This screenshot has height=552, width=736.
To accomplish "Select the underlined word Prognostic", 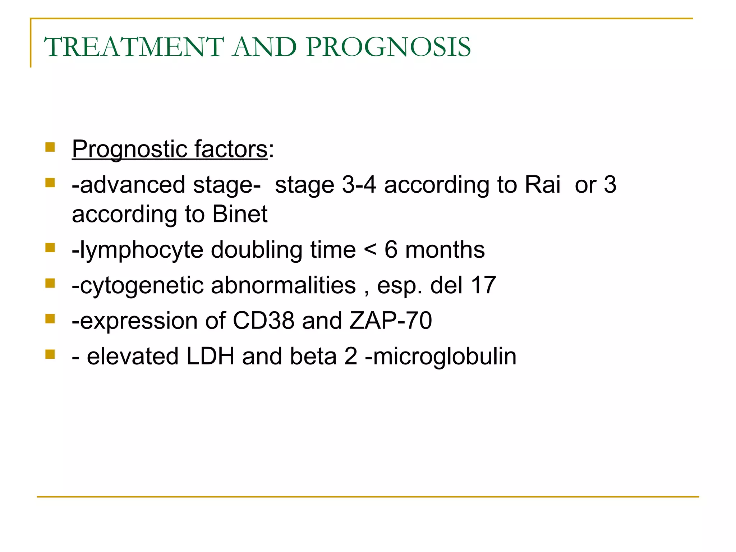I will pyautogui.click(x=129, y=149).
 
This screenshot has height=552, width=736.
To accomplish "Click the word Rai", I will pyautogui.click(x=542, y=185).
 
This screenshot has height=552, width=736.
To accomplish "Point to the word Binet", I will pyautogui.click(x=240, y=214).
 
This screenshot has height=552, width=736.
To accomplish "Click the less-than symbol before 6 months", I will pyautogui.click(x=370, y=250).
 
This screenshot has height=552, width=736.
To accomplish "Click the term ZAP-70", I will pyautogui.click(x=391, y=321).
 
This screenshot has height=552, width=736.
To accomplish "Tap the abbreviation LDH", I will pyautogui.click(x=210, y=356).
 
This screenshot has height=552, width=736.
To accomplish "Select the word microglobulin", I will pyautogui.click(x=445, y=356).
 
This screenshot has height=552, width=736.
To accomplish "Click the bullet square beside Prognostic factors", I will pyautogui.click(x=50, y=147).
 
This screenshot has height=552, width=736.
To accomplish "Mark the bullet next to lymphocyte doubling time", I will pyautogui.click(x=50, y=248).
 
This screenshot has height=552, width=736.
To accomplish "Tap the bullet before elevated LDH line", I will pyautogui.click(x=50, y=354).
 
